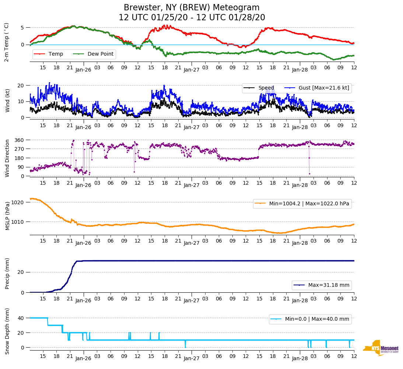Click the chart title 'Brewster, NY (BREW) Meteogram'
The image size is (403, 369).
click(x=192, y=8)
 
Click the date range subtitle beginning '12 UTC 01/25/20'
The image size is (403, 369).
click(x=192, y=18)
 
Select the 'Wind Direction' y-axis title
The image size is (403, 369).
click(x=7, y=158)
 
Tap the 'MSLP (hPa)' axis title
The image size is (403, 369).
click(x=7, y=216)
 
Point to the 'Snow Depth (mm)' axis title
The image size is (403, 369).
click(x=7, y=331)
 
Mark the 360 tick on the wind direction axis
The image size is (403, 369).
click(x=20, y=140)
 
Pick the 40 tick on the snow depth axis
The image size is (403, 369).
click(x=21, y=318)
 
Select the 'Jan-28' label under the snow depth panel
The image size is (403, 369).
click(x=300, y=359)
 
